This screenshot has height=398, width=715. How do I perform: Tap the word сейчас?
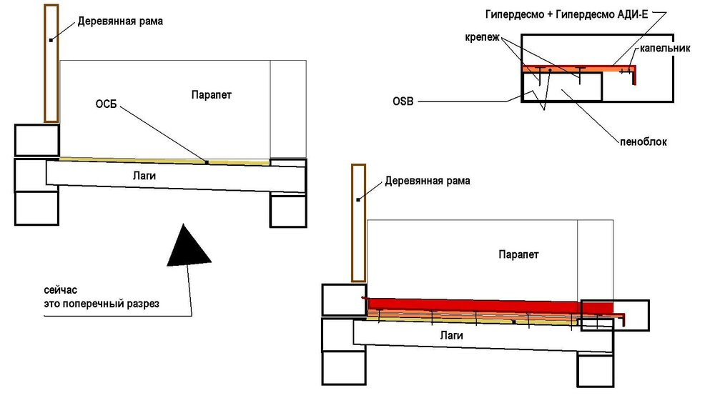59,291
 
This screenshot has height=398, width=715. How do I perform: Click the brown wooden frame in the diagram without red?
51,63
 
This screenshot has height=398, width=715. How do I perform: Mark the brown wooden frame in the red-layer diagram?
358,223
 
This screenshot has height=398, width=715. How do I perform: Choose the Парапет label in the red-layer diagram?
518,255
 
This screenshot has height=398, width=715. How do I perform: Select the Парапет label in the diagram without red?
212,95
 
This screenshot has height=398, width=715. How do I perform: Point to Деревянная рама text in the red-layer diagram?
428,181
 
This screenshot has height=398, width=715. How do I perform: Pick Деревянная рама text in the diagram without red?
120,21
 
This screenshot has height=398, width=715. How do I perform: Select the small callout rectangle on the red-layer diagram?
614,315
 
